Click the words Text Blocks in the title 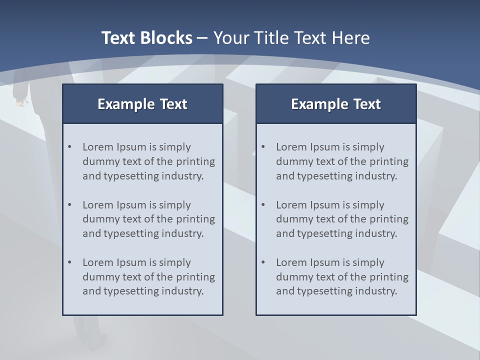[x=147, y=38]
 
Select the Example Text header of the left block [x=142, y=104]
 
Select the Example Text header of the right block [x=336, y=104]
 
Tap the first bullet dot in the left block [x=69, y=147]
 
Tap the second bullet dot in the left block [x=69, y=205]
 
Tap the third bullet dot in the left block [x=69, y=262]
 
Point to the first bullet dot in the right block [x=263, y=147]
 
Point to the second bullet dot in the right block [x=263, y=205]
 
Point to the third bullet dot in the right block [x=263, y=262]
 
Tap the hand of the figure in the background [x=20, y=102]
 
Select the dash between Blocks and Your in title [x=202, y=38]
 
